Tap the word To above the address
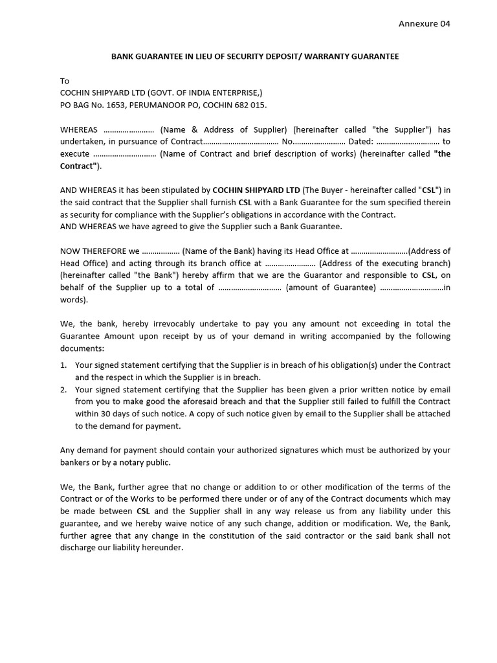point(64,81)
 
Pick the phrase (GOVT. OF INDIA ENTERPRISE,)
point(210,93)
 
